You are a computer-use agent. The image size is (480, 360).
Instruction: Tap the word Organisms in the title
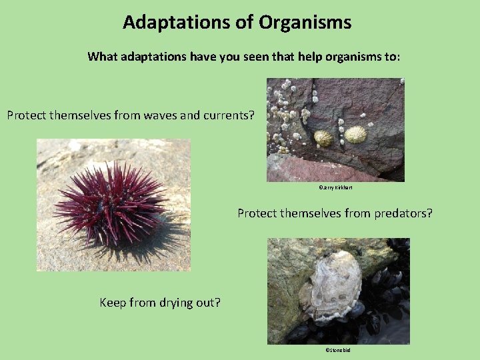coord(305,23)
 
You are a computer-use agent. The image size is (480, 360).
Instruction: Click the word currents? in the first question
coord(228,115)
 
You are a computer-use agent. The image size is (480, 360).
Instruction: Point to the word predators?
coord(399,213)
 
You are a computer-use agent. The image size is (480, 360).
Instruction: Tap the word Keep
coord(113,303)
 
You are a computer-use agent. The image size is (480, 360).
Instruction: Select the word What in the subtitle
coord(102,57)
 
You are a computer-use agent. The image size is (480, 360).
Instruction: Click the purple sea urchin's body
coord(110,203)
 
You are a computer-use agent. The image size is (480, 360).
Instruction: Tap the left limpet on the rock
coord(323,138)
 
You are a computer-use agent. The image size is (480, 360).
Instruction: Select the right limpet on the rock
coord(355,134)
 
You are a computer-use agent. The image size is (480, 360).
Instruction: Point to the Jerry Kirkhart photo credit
coord(335,188)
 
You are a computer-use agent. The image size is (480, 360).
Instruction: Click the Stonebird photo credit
coord(337,350)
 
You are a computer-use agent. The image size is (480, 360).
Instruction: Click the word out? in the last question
coord(209,303)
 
